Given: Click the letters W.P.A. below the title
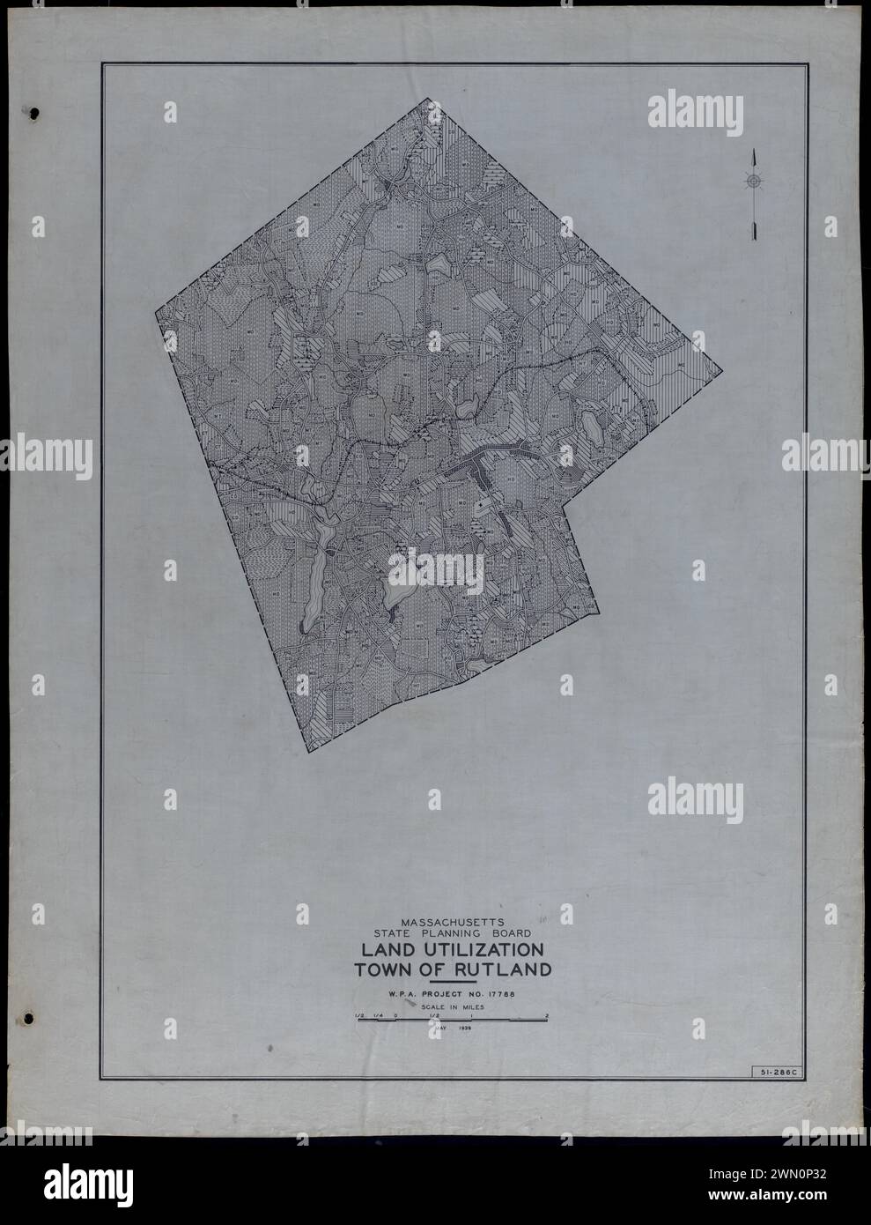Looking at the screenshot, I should click(x=396, y=994).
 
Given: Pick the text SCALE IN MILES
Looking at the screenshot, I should click(x=452, y=1006).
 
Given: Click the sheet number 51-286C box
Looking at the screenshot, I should click(x=774, y=1072).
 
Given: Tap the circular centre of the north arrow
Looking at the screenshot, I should click(x=754, y=182).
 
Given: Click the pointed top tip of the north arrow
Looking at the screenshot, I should click(x=754, y=152).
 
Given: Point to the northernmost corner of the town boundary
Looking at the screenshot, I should click(x=433, y=99).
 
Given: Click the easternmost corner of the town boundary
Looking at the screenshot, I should click(x=722, y=370).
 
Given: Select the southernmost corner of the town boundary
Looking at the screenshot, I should click(x=309, y=751).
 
